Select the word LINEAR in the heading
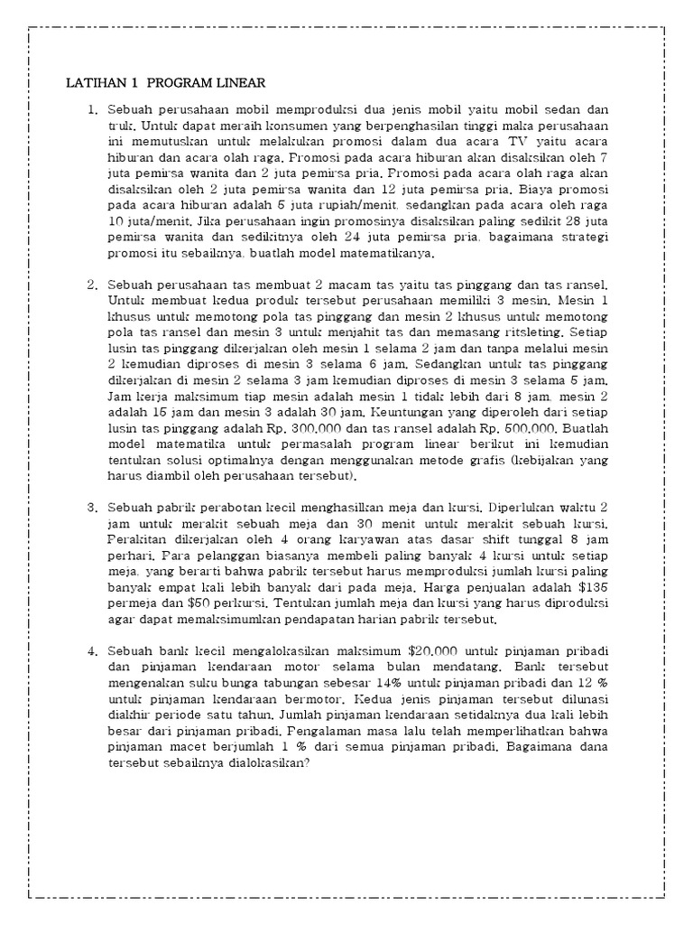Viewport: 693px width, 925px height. pos(237,83)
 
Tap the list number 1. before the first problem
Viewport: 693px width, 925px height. pos(92,110)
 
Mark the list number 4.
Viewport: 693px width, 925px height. pos(92,651)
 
